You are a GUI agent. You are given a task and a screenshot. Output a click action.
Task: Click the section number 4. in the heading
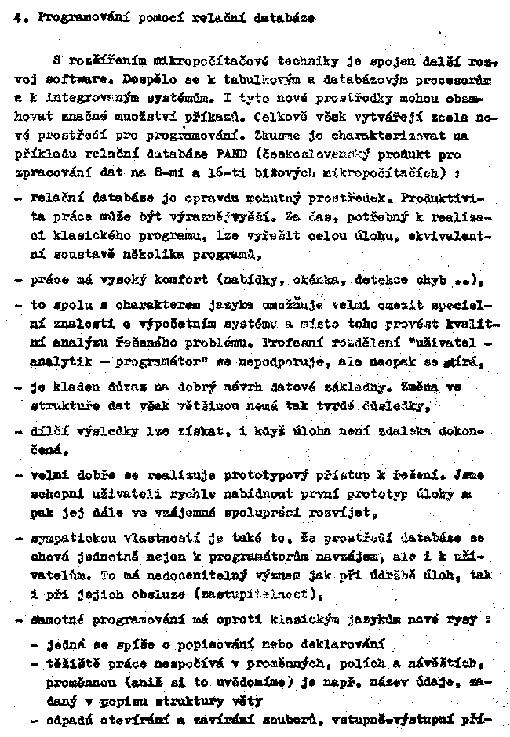pyautogui.click(x=18, y=21)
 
